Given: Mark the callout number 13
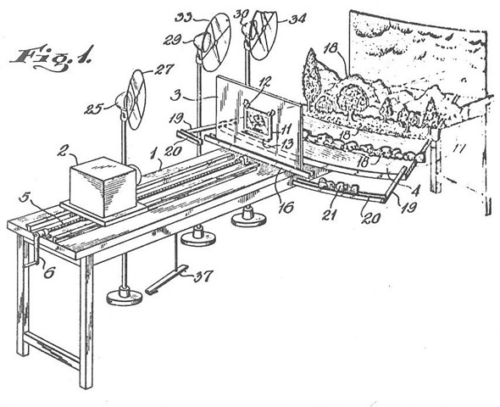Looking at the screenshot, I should click(x=287, y=143).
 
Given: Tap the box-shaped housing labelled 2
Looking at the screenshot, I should click(x=103, y=181).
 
